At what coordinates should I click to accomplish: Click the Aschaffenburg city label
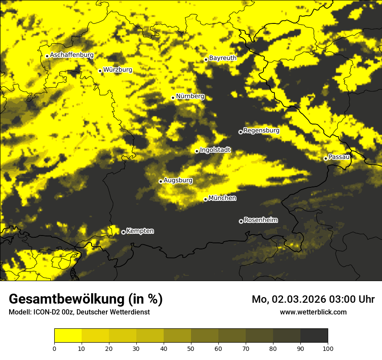coord(72,55)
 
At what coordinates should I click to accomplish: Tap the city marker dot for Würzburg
coord(100,71)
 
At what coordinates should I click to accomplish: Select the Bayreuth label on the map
coord(223,58)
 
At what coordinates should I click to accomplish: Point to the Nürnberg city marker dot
coord(173,98)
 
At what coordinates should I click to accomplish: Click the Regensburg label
coord(261,130)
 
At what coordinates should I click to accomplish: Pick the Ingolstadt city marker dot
coord(197,151)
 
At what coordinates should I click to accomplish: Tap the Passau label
coord(339,157)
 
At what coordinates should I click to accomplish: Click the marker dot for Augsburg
coord(161,181)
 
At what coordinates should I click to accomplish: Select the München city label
coord(222,198)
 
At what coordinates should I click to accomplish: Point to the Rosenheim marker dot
coord(241,221)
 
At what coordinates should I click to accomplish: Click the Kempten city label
coord(140,231)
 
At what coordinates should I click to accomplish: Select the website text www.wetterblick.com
coord(313,312)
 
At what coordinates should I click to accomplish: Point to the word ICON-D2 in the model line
coord(45,312)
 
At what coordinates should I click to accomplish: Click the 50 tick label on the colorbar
coord(191,348)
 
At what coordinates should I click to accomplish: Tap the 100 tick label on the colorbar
coord(328,348)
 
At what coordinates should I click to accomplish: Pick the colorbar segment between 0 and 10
coord(68,336)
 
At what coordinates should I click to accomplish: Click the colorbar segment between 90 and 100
coord(314,336)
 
